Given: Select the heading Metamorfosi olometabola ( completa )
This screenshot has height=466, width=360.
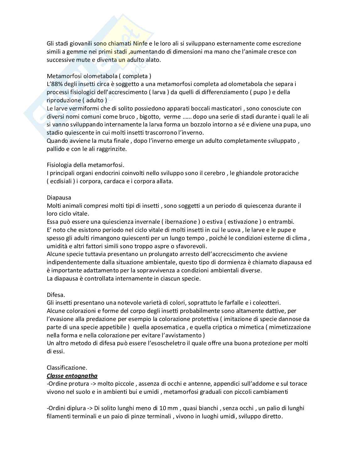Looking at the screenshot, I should [99, 76].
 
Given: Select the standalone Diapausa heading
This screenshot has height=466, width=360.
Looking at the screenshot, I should [59, 197].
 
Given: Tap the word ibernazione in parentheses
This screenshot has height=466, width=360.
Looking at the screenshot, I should [181, 222].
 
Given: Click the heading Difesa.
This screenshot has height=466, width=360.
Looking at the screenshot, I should [56, 295].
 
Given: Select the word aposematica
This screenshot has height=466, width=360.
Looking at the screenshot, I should [165, 327].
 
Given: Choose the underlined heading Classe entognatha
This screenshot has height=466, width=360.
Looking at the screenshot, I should [72, 376].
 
